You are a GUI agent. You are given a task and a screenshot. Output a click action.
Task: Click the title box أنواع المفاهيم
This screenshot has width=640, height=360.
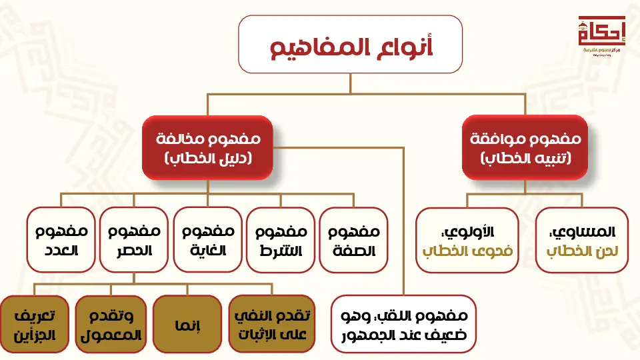coord(351,45)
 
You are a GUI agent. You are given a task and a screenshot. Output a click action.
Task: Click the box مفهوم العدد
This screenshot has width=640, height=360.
coord(61,240)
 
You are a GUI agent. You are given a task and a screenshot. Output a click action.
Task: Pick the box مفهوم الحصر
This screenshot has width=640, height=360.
coord(134,240)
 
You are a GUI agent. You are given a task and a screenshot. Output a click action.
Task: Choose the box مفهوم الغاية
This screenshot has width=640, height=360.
coord(207,240)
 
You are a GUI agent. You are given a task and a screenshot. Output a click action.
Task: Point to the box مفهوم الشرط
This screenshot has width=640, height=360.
coord(281,240)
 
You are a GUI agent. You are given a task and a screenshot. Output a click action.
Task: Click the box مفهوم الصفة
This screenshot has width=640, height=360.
coord(353,240)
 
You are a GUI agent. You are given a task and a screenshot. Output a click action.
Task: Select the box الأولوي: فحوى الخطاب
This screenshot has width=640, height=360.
coord(467,240)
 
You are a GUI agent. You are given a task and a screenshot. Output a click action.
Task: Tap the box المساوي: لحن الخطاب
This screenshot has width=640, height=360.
coord(582,240)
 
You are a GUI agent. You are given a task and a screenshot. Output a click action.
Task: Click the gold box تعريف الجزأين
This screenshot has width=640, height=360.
coord(34,324)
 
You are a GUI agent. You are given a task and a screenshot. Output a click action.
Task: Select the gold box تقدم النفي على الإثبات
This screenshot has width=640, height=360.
coord(262,324)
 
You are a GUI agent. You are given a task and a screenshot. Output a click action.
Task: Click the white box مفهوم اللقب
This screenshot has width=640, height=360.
coord(403,324)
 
